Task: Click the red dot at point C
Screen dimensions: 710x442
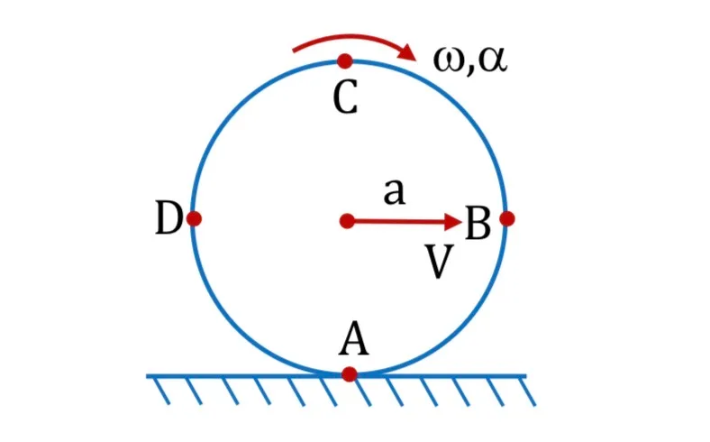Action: pos(345,60)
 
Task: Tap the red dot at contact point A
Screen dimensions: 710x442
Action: pos(349,374)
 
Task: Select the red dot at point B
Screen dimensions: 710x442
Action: pos(507,218)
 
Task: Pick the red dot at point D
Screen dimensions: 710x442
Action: pos(194,218)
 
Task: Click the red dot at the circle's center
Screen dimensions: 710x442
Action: pos(347,221)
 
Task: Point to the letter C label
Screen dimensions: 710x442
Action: pos(345,97)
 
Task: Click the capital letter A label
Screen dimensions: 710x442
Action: pos(354,338)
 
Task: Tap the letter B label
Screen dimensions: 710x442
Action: pos(478,223)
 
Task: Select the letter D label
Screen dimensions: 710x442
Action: pos(168,218)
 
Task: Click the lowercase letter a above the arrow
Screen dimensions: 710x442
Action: pos(394,192)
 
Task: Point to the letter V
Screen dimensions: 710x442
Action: pos(439,262)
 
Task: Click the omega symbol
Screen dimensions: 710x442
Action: pos(449,60)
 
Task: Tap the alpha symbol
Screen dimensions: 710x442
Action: pos(492,60)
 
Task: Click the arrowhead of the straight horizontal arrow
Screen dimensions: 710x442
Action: pos(453,222)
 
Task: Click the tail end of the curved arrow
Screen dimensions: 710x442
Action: pos(295,51)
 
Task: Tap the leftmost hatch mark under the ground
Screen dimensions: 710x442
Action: pos(161,391)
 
